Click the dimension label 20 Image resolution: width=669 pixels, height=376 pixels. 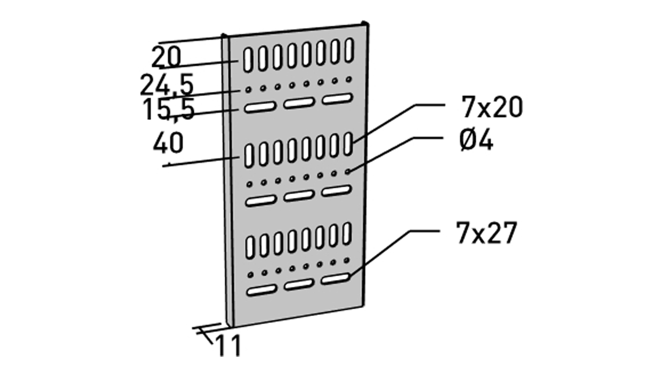click(167, 57)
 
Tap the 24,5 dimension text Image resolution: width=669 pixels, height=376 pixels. click(167, 85)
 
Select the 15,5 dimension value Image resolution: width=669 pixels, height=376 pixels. click(168, 110)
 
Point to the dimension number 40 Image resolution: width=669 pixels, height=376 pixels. click(168, 143)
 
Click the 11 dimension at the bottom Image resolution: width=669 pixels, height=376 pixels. click(229, 346)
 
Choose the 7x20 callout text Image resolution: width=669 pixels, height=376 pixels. click(492, 107)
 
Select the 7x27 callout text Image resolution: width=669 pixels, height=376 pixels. click(486, 233)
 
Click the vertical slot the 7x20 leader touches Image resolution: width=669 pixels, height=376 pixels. click(348, 143)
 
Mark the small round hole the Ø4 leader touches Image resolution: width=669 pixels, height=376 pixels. click(348, 171)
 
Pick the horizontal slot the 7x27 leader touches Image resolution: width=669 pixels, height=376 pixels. click(335, 279)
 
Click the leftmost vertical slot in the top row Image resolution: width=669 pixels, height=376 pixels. click(247, 60)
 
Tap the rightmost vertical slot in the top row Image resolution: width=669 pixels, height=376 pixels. click(349, 50)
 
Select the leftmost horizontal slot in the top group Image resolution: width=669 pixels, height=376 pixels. click(260, 107)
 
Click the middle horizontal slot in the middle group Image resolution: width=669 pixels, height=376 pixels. click(299, 196)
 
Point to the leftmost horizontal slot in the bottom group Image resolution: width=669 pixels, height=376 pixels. click(261, 290)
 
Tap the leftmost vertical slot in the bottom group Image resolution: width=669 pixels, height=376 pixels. click(250, 247)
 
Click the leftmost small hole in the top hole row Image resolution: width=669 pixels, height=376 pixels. click(248, 90)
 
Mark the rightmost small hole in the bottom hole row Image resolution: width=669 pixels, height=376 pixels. click(346, 260)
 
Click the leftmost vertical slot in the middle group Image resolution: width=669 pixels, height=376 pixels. click(249, 156)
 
